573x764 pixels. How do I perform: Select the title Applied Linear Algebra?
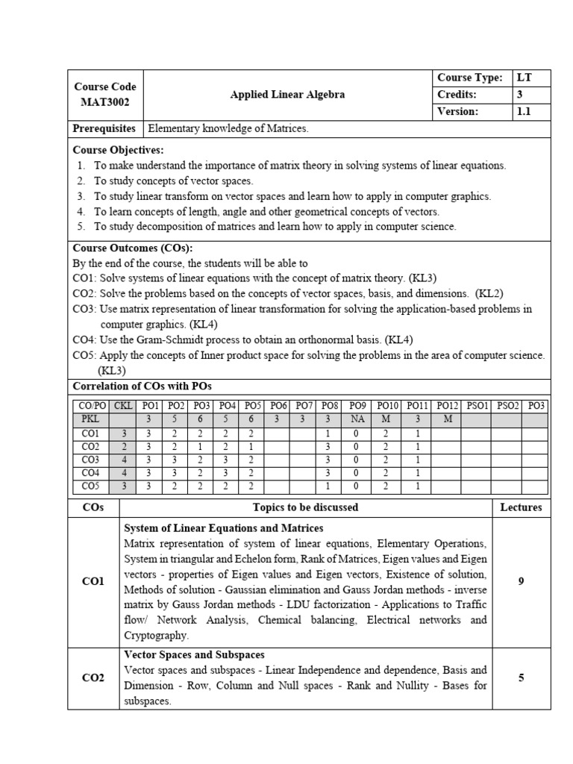pyautogui.click(x=287, y=95)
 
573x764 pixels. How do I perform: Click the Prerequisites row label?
pyautogui.click(x=104, y=128)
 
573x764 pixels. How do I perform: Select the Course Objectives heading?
pyautogui.click(x=118, y=150)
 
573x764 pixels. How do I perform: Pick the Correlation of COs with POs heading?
pyautogui.click(x=142, y=386)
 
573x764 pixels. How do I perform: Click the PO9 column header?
pyautogui.click(x=357, y=405)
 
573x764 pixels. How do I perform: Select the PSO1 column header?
pyautogui.click(x=477, y=405)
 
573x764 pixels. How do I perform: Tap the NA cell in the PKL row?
pyautogui.click(x=357, y=419)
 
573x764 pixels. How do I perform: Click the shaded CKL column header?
pyautogui.click(x=123, y=405)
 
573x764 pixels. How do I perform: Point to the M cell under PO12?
pyautogui.click(x=447, y=419)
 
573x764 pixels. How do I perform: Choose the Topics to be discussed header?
pyautogui.click(x=305, y=507)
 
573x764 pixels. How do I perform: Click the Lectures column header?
pyautogui.click(x=521, y=507)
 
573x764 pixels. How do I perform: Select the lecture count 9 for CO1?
pyautogui.click(x=521, y=581)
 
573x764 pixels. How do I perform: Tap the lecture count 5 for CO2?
pyautogui.click(x=521, y=678)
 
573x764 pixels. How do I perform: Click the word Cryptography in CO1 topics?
pyautogui.click(x=157, y=636)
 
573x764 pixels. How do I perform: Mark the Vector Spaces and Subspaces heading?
pyautogui.click(x=195, y=655)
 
